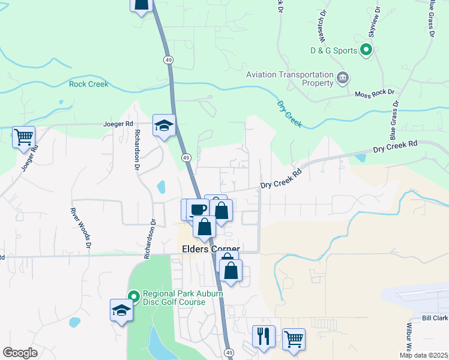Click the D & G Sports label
[333, 51]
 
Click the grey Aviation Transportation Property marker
[343, 77]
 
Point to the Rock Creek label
[88, 85]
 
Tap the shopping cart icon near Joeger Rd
[23, 137]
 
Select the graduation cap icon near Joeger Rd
[164, 126]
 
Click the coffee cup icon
[198, 210]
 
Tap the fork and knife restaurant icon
[264, 337]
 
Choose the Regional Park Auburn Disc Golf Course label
[173, 298]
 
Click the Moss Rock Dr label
[374, 94]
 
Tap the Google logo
[20, 353]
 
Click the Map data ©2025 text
[424, 355]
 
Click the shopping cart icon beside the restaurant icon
[294, 340]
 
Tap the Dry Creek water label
[289, 115]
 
